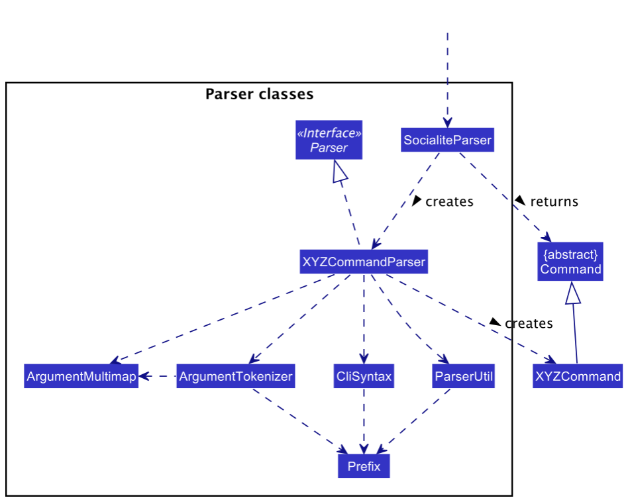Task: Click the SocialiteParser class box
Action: (x=447, y=140)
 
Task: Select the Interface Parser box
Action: (x=329, y=140)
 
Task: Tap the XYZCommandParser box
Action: (x=364, y=262)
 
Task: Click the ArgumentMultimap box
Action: (x=81, y=377)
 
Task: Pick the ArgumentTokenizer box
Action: (x=236, y=377)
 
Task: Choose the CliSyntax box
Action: (x=364, y=377)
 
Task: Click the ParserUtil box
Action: (x=463, y=377)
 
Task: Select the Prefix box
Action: (x=364, y=466)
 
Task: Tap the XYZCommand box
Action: (x=577, y=377)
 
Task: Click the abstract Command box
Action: (x=570, y=262)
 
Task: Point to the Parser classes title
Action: (x=259, y=94)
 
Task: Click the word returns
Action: (x=554, y=201)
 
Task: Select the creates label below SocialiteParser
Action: (x=449, y=201)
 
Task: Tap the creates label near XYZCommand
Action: (x=528, y=323)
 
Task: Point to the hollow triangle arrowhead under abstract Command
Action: (x=572, y=293)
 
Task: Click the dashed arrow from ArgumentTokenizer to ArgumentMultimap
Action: (x=158, y=377)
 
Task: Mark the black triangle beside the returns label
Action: (x=520, y=200)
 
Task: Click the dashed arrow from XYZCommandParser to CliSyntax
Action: (x=364, y=318)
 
